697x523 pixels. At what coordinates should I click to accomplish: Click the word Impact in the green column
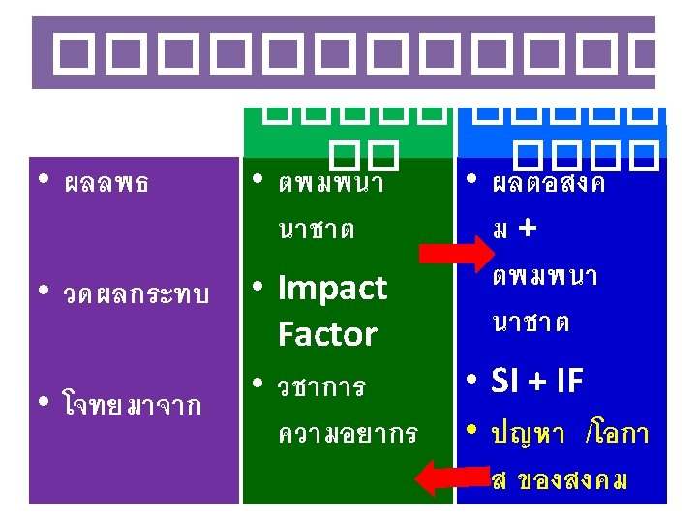tap(332, 288)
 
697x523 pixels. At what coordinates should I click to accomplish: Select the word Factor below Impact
tap(326, 334)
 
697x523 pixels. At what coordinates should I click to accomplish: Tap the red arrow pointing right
tap(456, 254)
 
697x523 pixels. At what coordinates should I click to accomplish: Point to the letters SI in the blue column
tap(510, 382)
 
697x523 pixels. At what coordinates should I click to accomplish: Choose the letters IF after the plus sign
tap(570, 382)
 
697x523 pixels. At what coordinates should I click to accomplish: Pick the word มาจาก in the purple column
tap(166, 405)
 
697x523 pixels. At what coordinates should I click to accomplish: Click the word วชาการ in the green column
tap(321, 388)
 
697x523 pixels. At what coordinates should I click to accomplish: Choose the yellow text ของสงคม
tap(572, 479)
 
